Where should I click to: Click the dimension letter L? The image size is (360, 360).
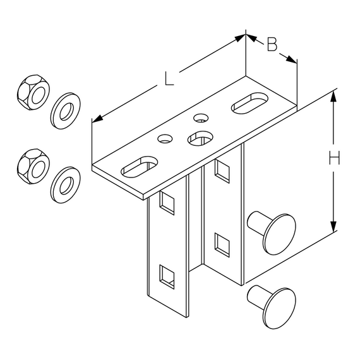(x=169, y=79)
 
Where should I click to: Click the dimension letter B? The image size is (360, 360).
(x=272, y=44)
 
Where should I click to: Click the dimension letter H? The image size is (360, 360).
(x=334, y=159)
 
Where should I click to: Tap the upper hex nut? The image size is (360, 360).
(x=33, y=92)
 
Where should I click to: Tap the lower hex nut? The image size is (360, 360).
(x=33, y=167)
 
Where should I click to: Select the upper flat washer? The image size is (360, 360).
(x=66, y=111)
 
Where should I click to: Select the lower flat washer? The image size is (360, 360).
(x=66, y=185)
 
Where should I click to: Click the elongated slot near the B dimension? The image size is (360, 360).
(x=249, y=102)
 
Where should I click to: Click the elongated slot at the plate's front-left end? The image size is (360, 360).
(x=139, y=167)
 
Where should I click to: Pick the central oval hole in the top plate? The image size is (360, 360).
(x=200, y=138)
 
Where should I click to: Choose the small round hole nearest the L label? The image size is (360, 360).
(x=165, y=139)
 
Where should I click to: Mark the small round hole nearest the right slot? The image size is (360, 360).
(x=201, y=117)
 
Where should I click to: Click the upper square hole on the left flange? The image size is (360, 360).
(x=167, y=203)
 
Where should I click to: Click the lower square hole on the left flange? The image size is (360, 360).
(x=167, y=277)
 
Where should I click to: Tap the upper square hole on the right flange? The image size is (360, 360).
(x=222, y=172)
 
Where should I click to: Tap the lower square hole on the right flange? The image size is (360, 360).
(x=222, y=245)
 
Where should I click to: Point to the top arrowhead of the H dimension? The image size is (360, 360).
(x=333, y=97)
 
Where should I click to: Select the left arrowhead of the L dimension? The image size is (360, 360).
(x=97, y=118)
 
